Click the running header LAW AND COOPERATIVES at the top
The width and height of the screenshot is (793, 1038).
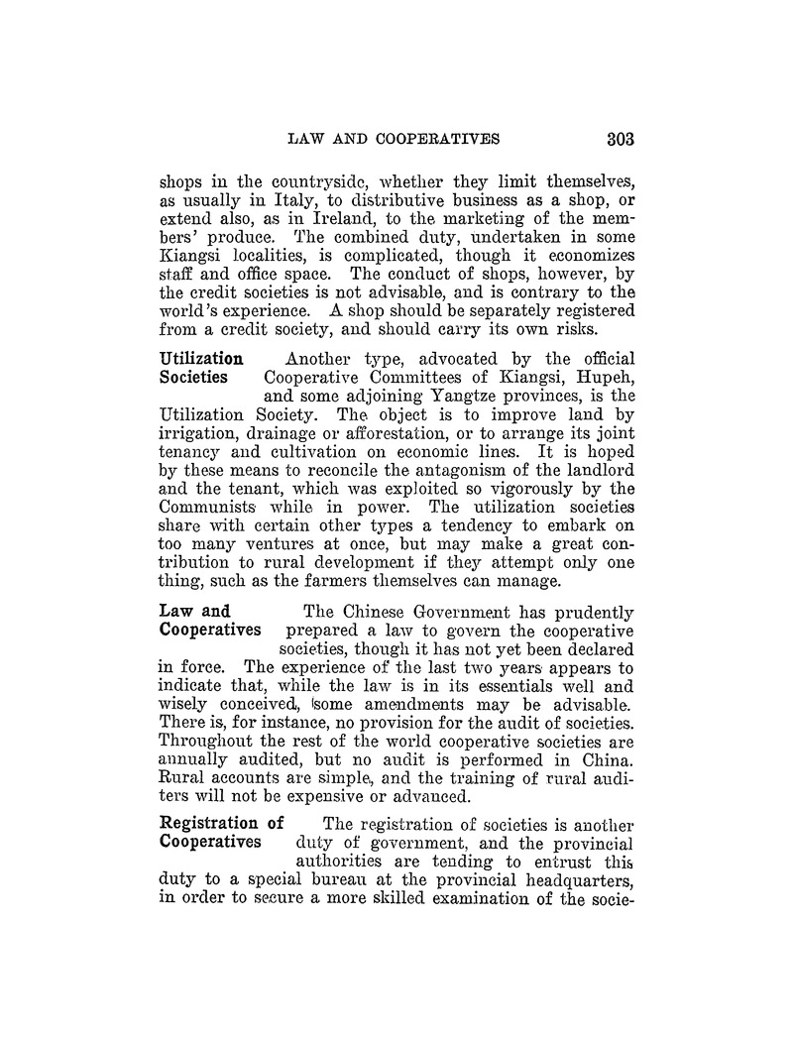click(x=393, y=138)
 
